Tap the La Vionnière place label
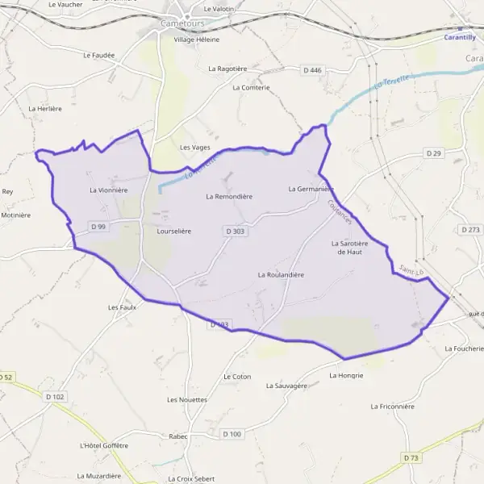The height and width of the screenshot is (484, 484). [x=109, y=190]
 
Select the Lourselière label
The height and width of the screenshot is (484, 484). [x=173, y=231]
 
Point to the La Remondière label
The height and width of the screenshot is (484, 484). [x=229, y=196]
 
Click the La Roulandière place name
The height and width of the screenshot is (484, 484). [x=281, y=275]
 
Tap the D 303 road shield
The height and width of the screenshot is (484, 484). [x=235, y=231]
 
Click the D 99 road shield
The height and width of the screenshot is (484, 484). [x=98, y=227]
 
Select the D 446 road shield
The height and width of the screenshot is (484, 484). [x=312, y=71]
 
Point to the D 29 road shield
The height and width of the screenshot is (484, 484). [x=434, y=153]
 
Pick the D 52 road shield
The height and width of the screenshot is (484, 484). [x=6, y=377]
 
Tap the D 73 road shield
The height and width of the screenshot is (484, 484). [x=411, y=457]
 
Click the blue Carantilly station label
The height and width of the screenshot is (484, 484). [x=460, y=37]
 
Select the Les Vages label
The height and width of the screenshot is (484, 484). [x=194, y=148]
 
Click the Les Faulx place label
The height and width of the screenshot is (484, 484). [x=121, y=307]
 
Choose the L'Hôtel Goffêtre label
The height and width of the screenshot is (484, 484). [x=104, y=445]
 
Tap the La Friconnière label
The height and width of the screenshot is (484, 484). [x=397, y=407]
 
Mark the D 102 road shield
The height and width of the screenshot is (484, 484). [x=55, y=396]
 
